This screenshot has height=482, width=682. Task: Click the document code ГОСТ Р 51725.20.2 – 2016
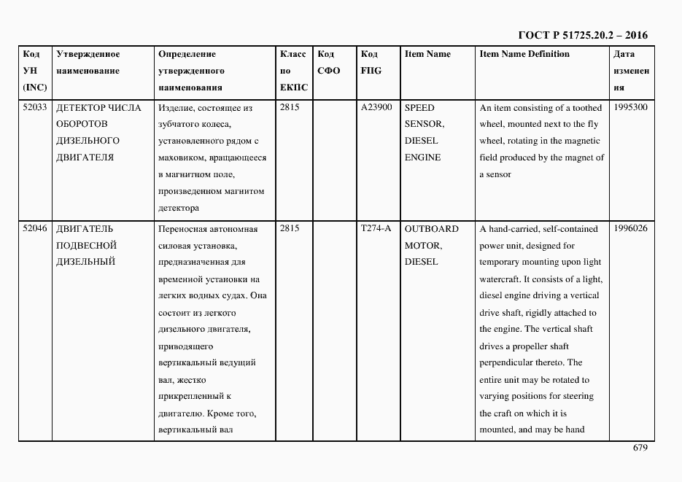[582, 35]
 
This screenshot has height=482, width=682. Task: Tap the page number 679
[640, 448]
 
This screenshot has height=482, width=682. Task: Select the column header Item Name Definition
[524, 54]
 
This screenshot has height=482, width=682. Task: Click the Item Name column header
[427, 54]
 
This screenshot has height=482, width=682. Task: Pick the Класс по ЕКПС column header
[294, 71]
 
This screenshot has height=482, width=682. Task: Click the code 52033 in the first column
[35, 107]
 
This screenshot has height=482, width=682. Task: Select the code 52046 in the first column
[35, 228]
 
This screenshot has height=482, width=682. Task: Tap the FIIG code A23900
[376, 107]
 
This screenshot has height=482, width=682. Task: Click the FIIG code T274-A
[376, 228]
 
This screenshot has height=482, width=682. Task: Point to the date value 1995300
[631, 107]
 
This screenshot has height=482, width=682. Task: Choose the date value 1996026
[631, 228]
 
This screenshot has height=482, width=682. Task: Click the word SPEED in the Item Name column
[419, 107]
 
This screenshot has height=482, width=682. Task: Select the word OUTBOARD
[432, 228]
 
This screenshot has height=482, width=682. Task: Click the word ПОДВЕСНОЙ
[86, 245]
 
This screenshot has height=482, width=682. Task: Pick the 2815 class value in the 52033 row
[290, 107]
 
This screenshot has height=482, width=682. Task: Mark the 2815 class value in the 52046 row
[290, 228]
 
